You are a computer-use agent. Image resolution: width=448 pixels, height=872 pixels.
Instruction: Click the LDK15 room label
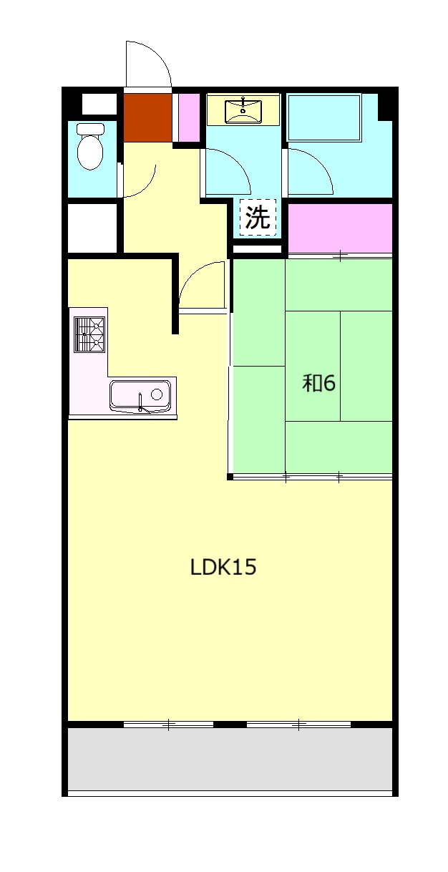(x=223, y=567)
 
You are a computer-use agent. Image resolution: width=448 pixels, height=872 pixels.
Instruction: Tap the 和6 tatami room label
(x=318, y=384)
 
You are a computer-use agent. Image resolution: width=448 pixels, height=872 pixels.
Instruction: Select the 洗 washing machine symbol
(x=258, y=217)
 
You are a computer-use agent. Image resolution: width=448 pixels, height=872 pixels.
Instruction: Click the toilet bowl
(x=90, y=146)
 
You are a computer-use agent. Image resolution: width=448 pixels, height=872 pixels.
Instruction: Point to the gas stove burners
(x=89, y=335)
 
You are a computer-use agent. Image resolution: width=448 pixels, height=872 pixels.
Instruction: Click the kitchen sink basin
(x=140, y=396)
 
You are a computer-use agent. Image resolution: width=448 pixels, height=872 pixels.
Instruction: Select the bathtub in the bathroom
(x=324, y=117)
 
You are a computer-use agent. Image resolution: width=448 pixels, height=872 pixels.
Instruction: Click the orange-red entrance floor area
(x=148, y=117)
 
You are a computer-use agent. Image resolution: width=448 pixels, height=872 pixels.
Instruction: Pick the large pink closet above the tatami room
(x=340, y=228)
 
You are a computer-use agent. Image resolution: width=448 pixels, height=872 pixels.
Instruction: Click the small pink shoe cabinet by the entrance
(x=189, y=118)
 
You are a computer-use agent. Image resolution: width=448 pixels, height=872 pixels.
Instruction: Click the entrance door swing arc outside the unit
(x=158, y=54)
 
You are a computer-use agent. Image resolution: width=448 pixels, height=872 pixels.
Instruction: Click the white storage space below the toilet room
(x=92, y=228)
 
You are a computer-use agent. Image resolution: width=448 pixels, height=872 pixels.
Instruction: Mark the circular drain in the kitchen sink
(x=157, y=394)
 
